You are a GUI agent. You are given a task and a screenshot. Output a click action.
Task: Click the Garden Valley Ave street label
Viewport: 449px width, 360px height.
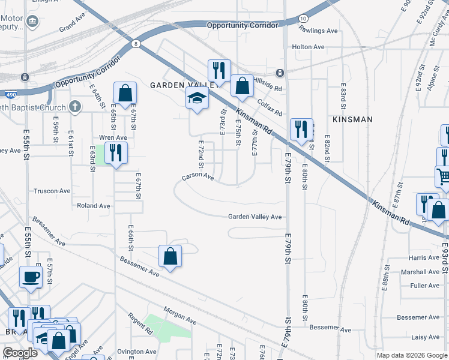(255, 217)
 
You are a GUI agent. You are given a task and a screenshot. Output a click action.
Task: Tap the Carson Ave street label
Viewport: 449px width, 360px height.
(198, 177)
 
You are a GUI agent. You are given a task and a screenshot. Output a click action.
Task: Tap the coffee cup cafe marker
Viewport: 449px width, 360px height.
(31, 277)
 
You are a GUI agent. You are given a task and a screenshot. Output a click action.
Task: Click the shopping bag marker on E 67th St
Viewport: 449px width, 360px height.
(125, 94)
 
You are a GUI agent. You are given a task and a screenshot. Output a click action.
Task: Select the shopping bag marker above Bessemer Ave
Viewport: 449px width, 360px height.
(170, 256)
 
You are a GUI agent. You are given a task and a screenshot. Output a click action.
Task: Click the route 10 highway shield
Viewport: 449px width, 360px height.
(304, 20)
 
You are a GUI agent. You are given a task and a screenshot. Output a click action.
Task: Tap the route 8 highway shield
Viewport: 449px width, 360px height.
(137, 44)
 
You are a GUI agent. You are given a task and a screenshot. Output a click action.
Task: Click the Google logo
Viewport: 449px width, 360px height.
(20, 353)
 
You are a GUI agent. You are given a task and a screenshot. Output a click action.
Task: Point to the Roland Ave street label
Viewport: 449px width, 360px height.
(94, 206)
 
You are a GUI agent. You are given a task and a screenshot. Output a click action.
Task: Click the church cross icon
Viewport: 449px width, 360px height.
(74, 107)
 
